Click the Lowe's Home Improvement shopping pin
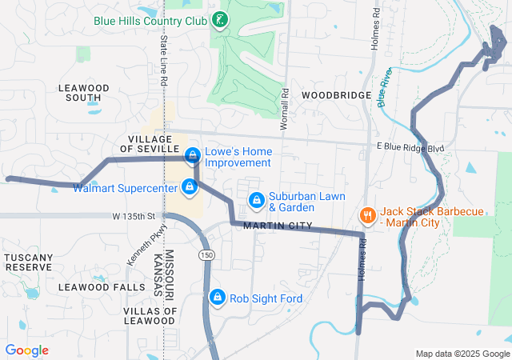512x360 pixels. (193, 154)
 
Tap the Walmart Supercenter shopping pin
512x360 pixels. (189, 187)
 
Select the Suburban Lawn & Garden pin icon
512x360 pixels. (256, 199)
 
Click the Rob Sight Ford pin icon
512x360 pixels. (217, 298)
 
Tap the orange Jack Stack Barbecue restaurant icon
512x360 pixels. (367, 215)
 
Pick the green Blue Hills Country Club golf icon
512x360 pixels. (220, 20)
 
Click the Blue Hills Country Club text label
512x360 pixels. (150, 21)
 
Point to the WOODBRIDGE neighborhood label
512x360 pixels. (336, 94)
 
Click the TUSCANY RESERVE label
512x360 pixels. (29, 262)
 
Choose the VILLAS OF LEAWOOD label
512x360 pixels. (150, 315)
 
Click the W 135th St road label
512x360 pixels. (135, 216)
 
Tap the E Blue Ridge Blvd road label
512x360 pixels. (410, 149)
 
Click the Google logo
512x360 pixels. (26, 350)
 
